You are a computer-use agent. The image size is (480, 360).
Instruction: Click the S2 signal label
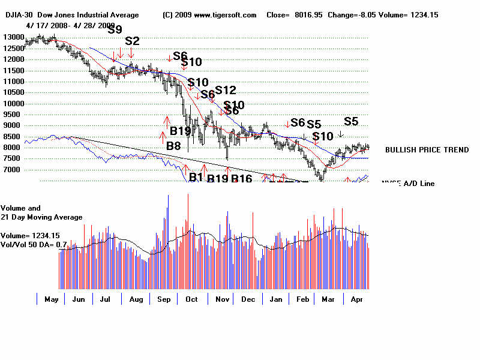[x=132, y=41]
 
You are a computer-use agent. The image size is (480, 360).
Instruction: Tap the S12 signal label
[x=226, y=90]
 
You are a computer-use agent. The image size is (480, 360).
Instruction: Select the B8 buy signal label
[x=173, y=145]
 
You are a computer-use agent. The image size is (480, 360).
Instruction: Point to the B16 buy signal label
[x=241, y=178]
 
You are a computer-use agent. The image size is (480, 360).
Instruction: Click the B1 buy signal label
[x=196, y=177]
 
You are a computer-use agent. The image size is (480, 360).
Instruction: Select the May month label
[x=51, y=299]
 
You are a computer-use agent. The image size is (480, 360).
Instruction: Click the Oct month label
[x=191, y=299]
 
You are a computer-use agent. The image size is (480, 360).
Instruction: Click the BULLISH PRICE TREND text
[x=427, y=150]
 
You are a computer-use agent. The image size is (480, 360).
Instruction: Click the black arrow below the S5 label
[x=341, y=135]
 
